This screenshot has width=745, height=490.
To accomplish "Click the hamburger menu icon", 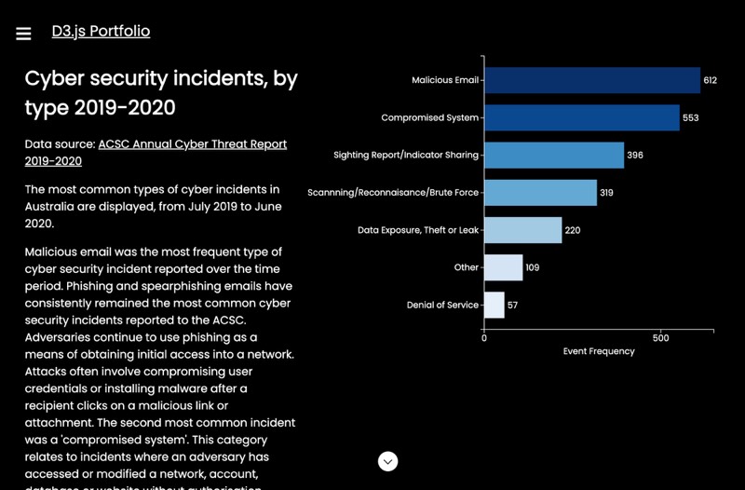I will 24,34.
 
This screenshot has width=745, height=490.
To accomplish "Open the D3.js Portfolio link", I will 101,32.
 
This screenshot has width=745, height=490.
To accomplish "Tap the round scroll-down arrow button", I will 388,461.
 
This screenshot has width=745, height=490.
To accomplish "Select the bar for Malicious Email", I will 591,80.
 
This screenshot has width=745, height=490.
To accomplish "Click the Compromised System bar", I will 581,117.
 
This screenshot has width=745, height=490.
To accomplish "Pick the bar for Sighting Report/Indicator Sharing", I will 553,155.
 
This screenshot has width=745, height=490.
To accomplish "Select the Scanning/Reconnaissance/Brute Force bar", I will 540,193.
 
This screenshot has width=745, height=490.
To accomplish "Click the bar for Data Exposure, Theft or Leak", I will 522,230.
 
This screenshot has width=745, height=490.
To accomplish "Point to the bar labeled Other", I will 503,267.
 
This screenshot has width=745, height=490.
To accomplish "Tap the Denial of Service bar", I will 494,305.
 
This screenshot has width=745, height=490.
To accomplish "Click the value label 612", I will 711,81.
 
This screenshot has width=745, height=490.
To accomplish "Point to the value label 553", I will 690,118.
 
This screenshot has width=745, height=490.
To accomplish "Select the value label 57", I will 513,306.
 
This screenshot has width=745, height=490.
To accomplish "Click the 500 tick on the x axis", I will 660,337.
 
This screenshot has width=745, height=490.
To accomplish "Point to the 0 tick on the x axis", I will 484,337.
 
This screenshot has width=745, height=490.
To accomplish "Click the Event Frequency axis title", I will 599,351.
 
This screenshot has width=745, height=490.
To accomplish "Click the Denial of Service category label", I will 442,305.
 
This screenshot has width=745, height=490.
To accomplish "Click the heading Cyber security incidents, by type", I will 160,92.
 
